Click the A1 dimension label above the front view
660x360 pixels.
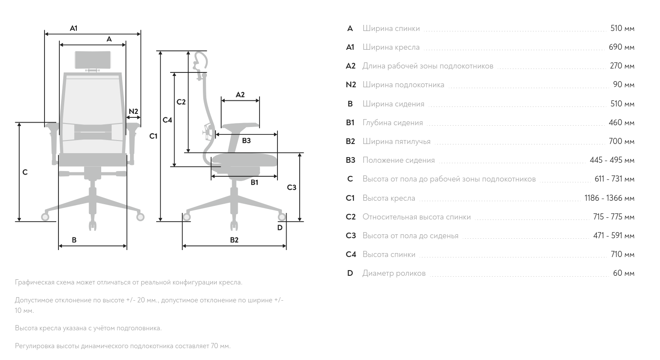click(74, 28)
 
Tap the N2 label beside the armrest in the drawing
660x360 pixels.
click(133, 112)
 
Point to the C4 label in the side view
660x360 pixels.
click(168, 120)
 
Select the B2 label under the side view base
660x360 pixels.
click(234, 240)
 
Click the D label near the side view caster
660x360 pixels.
click(280, 227)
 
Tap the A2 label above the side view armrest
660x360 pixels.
click(240, 95)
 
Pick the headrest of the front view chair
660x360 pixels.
click(92, 60)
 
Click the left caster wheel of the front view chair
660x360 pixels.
click(45, 216)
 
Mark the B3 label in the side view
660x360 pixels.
click(246, 141)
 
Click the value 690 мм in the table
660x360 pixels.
click(621, 47)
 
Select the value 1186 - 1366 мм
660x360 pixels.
click(609, 198)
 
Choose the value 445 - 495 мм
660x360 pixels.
click(612, 160)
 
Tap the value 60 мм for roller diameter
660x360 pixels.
click(623, 273)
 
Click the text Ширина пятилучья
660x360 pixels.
click(396, 141)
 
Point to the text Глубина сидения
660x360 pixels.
click(393, 123)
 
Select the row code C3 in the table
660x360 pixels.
click(351, 236)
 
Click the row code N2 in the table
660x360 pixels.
click(351, 85)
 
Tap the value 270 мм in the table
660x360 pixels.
click(622, 66)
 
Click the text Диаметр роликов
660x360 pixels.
click(393, 273)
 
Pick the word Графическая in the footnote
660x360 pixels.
click(34, 282)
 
